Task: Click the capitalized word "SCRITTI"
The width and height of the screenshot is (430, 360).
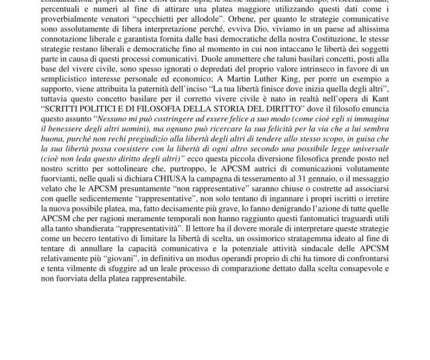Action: pos(63,108)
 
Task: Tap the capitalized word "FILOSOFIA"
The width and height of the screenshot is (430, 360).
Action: pos(151,108)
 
